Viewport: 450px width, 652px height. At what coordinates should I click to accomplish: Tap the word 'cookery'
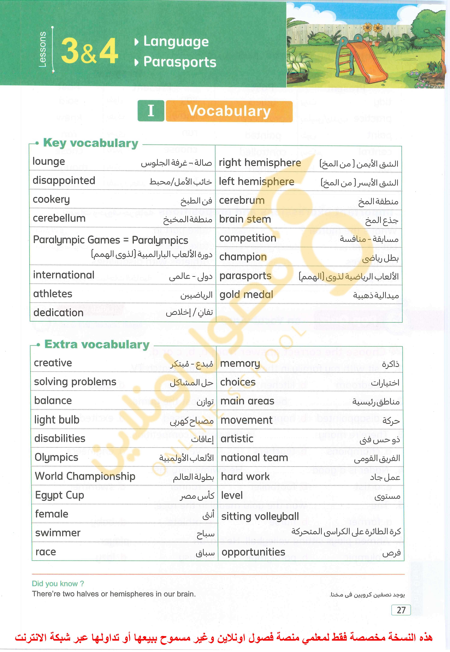[x=51, y=200]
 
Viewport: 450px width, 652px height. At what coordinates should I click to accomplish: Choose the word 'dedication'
[x=58, y=313]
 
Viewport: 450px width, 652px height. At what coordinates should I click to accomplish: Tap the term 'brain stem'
[x=245, y=219]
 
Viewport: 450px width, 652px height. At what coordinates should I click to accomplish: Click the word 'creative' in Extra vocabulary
[x=53, y=363]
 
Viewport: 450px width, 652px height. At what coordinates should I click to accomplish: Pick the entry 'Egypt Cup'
[x=60, y=495]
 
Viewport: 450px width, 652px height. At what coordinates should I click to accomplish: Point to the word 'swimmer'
[x=58, y=533]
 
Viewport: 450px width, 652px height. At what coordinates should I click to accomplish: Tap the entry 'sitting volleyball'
[x=260, y=517]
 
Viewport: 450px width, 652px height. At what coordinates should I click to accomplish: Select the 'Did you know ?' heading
[x=58, y=583]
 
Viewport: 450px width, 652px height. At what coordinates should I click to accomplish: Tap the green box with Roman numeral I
[x=151, y=111]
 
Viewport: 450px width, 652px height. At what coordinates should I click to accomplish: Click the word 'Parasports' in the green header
[x=180, y=62]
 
